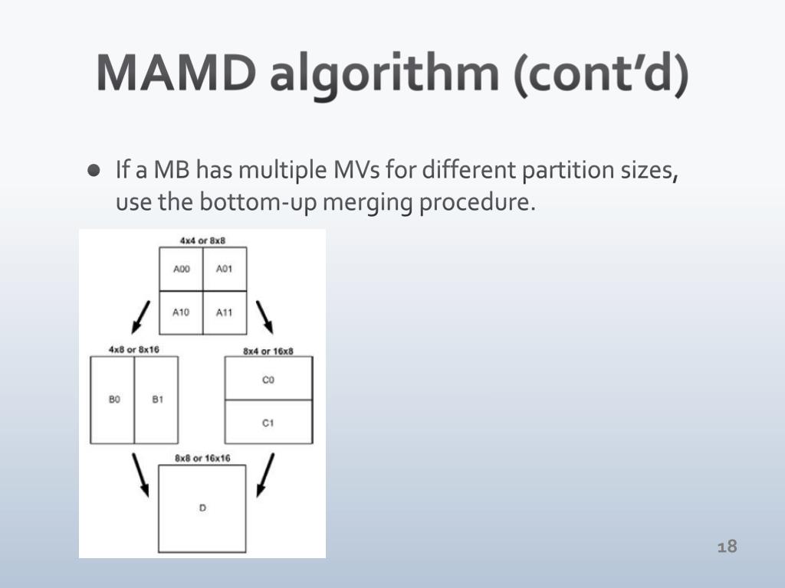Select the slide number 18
(727, 546)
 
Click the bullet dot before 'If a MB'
(94, 170)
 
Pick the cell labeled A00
(181, 269)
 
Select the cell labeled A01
(225, 269)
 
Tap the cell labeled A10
(181, 312)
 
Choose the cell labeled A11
(225, 312)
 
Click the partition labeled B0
(113, 400)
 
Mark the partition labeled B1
(157, 400)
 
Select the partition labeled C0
(268, 379)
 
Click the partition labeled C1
(268, 422)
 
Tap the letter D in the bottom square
(202, 508)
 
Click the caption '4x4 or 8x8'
(202, 240)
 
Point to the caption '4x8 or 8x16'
(133, 349)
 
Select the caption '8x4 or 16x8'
(268, 351)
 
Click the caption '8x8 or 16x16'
(202, 458)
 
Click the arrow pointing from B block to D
(141, 475)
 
